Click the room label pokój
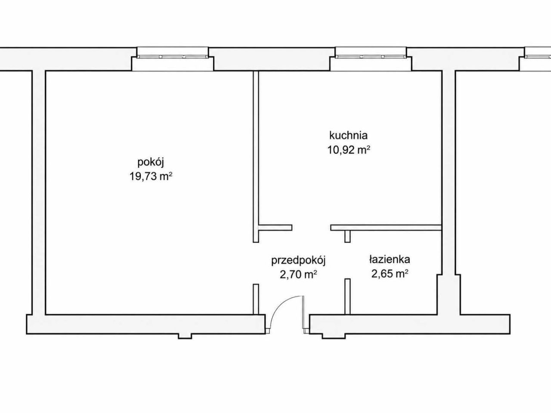click(151, 163)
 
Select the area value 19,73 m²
click(151, 176)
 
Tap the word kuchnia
click(348, 136)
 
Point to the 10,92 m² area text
click(349, 150)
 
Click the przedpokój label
click(298, 261)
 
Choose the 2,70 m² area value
click(298, 275)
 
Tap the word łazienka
click(390, 259)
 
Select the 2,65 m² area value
click(390, 274)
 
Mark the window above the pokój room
click(173, 57)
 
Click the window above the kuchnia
click(371, 57)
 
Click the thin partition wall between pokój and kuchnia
click(256, 157)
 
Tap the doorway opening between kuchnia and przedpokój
click(311, 228)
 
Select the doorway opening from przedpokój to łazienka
click(347, 261)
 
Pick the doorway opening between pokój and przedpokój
click(256, 263)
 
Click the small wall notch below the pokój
click(185, 336)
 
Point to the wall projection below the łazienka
click(334, 336)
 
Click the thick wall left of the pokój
click(39, 193)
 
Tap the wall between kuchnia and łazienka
click(386, 228)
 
